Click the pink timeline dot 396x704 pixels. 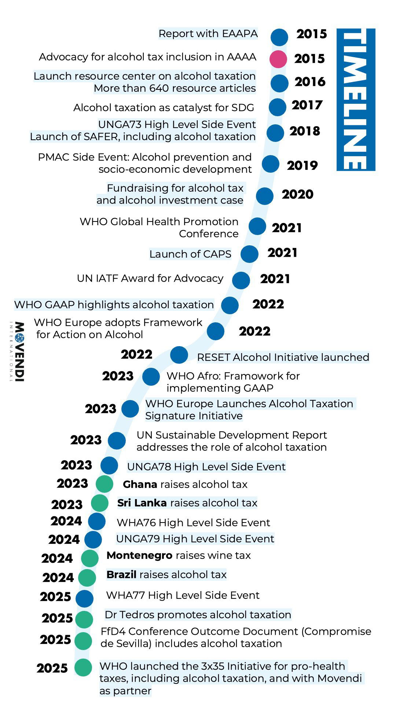click(278, 59)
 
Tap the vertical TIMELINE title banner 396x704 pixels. click(355, 99)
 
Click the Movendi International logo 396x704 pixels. click(17, 352)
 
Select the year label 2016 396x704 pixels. click(310, 82)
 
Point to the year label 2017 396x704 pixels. click(307, 105)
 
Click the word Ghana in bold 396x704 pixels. click(140, 484)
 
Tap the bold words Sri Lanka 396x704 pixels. click(142, 503)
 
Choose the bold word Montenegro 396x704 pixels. click(139, 555)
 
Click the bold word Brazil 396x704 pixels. click(121, 575)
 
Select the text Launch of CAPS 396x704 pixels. click(190, 254)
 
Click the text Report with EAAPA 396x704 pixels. click(208, 34)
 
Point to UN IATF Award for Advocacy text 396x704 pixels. click(150, 279)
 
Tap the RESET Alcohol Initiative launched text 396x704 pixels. click(283, 357)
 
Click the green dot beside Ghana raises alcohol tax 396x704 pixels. click(104, 484)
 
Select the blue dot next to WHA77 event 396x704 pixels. click(85, 598)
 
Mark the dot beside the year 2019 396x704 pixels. click(271, 164)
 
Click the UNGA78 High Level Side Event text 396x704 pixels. click(206, 467)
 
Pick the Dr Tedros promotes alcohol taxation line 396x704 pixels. click(198, 615)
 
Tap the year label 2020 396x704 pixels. click(297, 194)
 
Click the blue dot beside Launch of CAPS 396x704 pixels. click(249, 254)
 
